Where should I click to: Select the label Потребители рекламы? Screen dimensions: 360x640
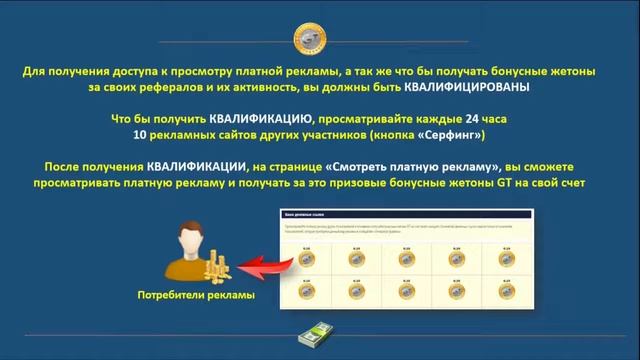click(x=196, y=296)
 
